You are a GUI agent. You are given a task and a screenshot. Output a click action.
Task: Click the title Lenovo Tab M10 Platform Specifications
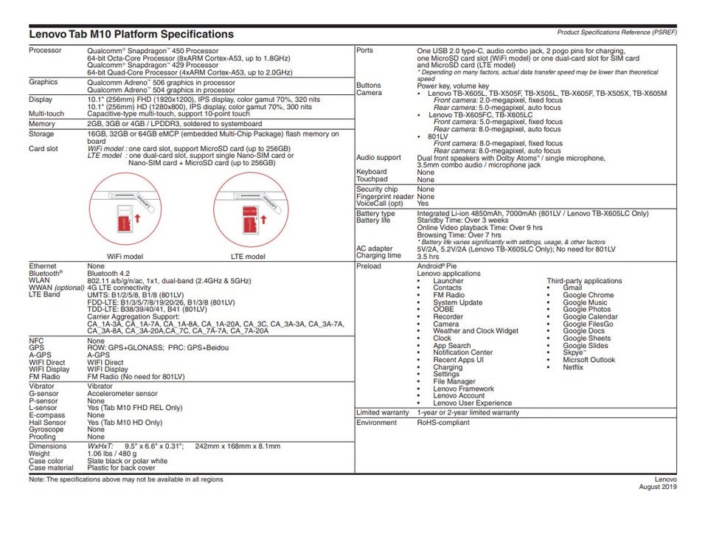131,34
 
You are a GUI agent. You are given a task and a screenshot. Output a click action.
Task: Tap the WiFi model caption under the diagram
125,257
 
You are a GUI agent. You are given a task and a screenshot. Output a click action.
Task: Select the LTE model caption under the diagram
248,257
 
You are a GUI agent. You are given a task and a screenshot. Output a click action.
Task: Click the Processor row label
45,50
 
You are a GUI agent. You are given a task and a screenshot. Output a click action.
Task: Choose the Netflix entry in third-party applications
573,367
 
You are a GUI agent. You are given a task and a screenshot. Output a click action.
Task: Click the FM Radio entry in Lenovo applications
448,295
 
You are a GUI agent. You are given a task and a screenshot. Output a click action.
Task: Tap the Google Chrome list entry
588,295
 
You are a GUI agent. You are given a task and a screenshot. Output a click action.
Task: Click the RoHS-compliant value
443,423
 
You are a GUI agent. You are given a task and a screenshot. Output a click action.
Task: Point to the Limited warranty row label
382,413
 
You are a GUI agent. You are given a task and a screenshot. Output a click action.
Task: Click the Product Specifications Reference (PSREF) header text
617,32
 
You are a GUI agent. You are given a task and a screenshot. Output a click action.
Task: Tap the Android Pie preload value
437,266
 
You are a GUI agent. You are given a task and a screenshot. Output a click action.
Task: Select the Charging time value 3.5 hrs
428,257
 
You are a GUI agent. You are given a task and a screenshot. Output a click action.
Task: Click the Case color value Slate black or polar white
127,461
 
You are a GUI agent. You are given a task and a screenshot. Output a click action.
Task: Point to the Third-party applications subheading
584,281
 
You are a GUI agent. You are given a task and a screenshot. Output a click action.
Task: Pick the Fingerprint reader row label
384,197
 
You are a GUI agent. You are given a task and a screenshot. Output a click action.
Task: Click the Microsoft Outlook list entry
589,360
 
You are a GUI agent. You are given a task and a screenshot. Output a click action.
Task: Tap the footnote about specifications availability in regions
125,479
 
